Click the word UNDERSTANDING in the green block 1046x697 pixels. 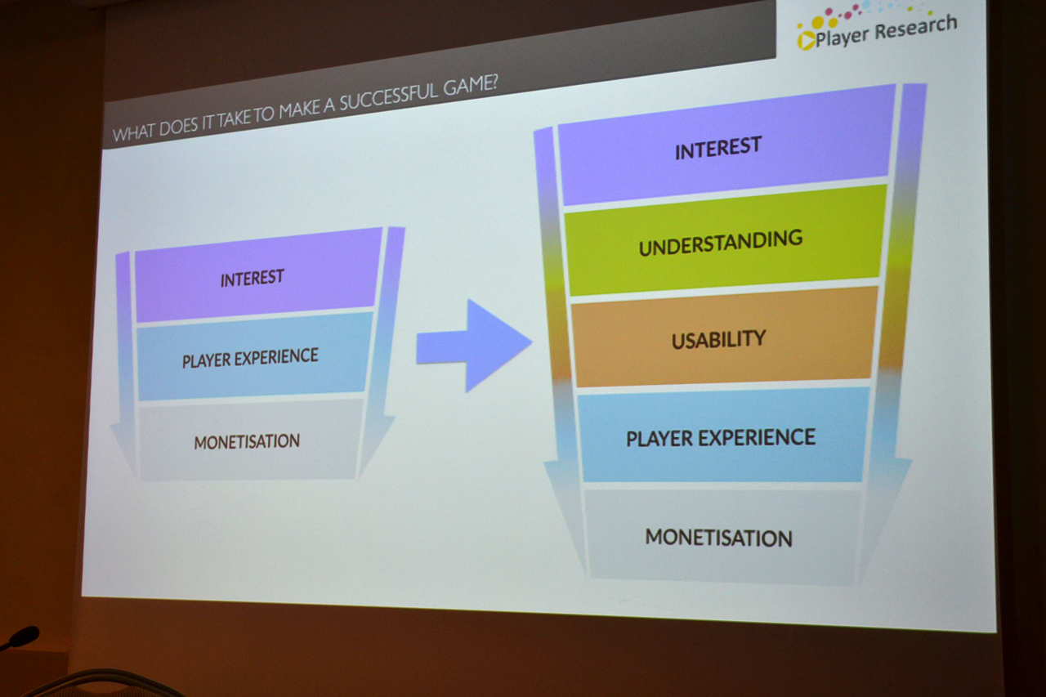point(720,243)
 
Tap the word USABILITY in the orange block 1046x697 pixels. point(718,339)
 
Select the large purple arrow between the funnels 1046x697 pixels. point(473,345)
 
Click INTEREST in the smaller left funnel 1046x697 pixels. point(252,278)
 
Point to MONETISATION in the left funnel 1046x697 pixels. point(247,442)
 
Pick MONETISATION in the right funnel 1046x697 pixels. point(718,538)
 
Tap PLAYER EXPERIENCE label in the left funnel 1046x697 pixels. point(250,358)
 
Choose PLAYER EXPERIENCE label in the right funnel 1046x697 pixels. point(721,438)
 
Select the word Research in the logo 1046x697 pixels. point(914,29)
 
